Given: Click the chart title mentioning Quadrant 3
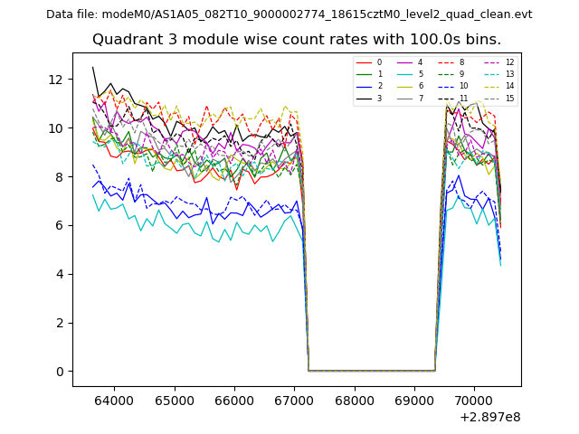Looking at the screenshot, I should point(296,40).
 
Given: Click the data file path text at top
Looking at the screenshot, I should point(289,14).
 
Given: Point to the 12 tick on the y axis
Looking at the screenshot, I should point(56,80).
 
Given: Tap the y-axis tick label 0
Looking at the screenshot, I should point(60,372).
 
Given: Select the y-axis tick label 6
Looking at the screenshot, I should point(60,225).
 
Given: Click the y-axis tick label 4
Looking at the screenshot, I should point(60,274).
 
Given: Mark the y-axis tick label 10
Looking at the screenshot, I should point(56,128).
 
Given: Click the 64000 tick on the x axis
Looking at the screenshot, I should point(114,400).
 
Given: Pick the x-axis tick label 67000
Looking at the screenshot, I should point(295,400).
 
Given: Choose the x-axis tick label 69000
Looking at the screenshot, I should point(414,400).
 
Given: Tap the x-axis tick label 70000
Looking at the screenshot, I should point(475,400).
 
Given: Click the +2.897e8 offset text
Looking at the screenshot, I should point(489,417).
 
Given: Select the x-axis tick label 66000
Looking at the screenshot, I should point(234,400).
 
